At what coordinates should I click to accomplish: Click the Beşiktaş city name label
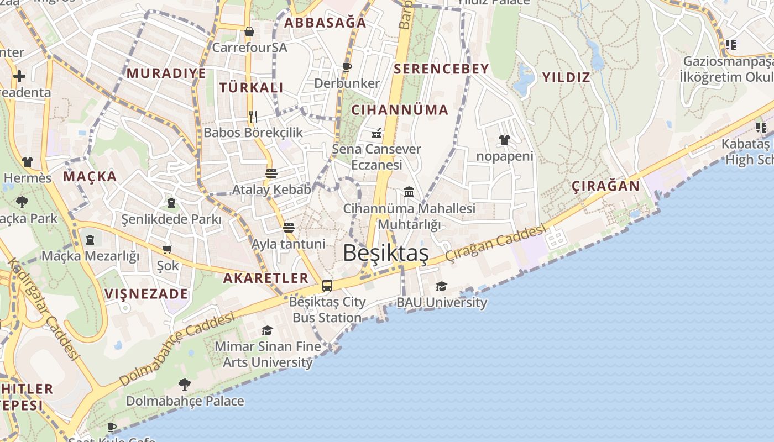pos(385,253)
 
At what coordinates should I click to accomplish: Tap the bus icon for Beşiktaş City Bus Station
pos(327,285)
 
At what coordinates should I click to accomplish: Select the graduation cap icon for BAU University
pos(441,286)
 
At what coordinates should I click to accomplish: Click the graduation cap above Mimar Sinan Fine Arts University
pos(267,330)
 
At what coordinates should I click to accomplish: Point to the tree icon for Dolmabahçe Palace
pos(185,384)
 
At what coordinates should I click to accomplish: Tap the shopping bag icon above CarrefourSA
pos(249,31)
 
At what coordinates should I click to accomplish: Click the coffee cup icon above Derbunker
pos(347,67)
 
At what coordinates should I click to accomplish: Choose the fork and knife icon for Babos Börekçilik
pos(253,116)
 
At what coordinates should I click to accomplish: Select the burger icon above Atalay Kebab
pos(271,173)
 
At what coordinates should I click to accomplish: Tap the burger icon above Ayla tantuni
pos(288,227)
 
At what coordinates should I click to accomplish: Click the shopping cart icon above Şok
pos(168,249)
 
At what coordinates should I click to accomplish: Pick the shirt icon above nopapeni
pos(504,140)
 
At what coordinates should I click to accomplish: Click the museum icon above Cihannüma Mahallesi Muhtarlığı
pos(409,192)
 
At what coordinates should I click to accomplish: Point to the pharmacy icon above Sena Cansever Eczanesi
pos(376,133)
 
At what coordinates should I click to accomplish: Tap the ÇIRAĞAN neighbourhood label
pos(605,186)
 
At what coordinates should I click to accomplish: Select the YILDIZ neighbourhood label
pos(566,77)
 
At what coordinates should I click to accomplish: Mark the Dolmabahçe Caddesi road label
pos(177,350)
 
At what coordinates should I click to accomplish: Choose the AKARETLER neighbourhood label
pos(265,278)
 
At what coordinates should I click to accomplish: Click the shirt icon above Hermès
pos(28,161)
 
